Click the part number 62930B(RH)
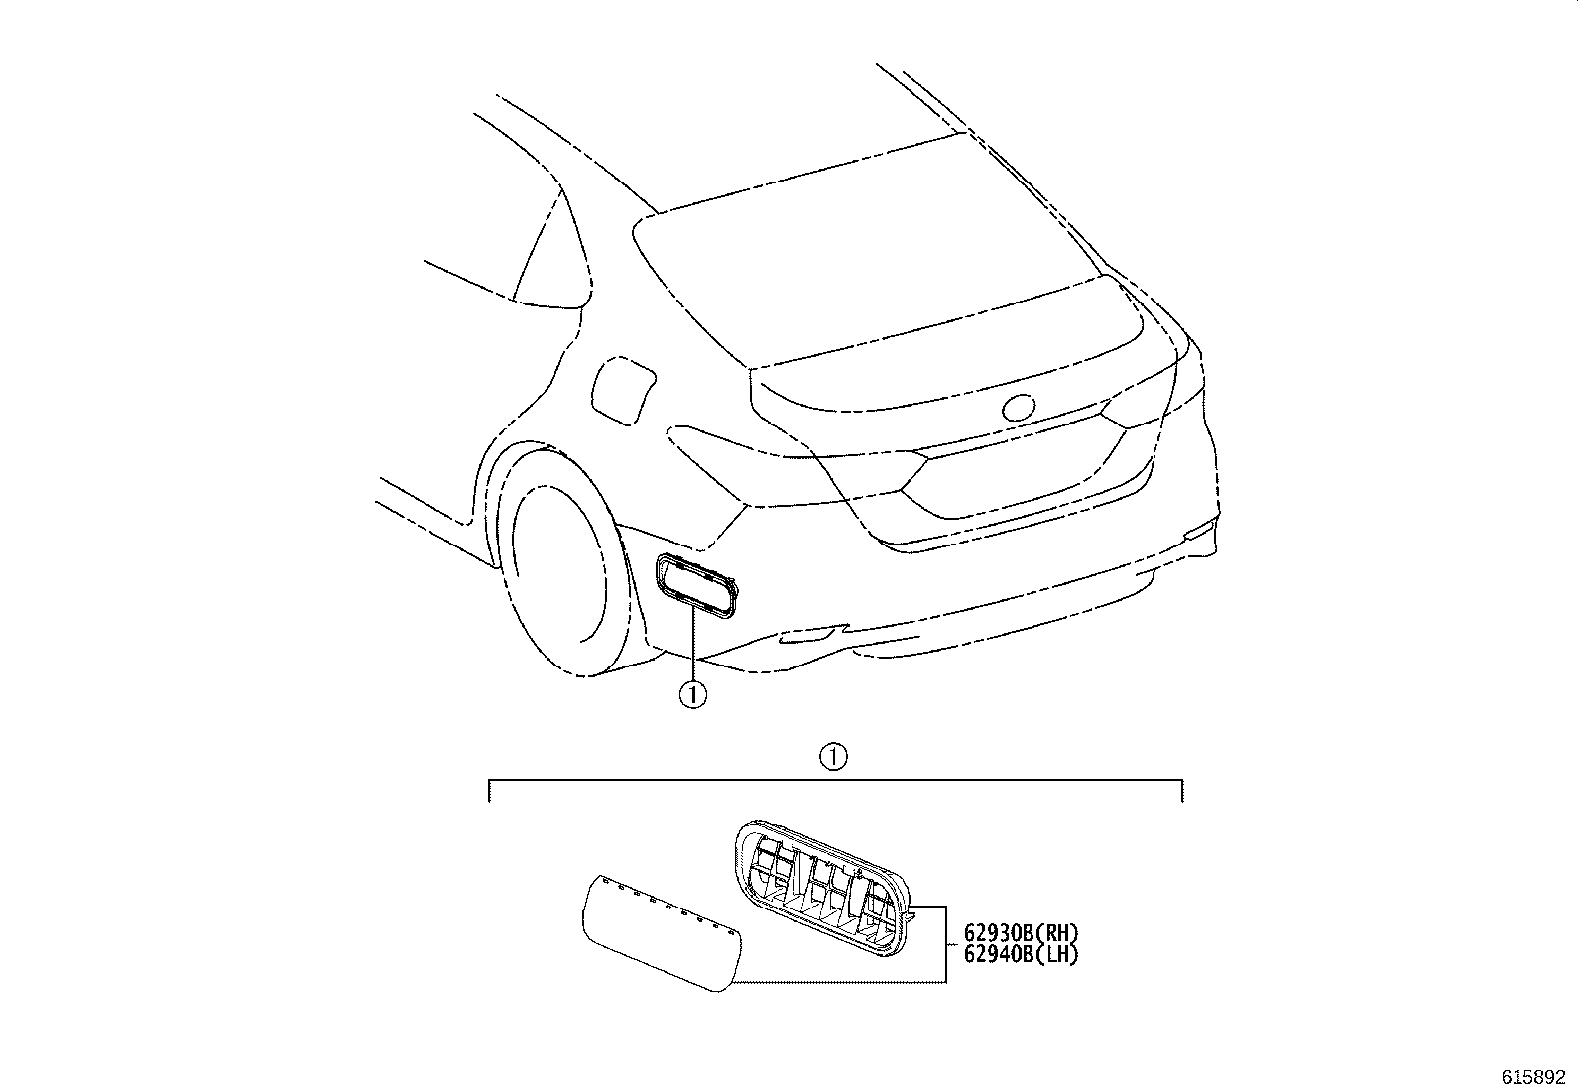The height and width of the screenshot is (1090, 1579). click(1021, 932)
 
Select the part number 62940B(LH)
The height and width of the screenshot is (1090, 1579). click(1021, 954)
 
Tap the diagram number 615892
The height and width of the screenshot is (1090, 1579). click(1532, 1077)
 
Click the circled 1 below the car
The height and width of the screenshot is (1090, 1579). click(693, 695)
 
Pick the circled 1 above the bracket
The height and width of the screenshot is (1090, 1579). click(833, 757)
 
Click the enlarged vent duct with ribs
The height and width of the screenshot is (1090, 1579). click(822, 889)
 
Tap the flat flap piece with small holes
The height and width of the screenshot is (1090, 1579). click(662, 932)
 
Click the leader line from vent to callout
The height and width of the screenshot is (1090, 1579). click(693, 643)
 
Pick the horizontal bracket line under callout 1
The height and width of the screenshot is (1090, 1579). click(835, 780)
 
